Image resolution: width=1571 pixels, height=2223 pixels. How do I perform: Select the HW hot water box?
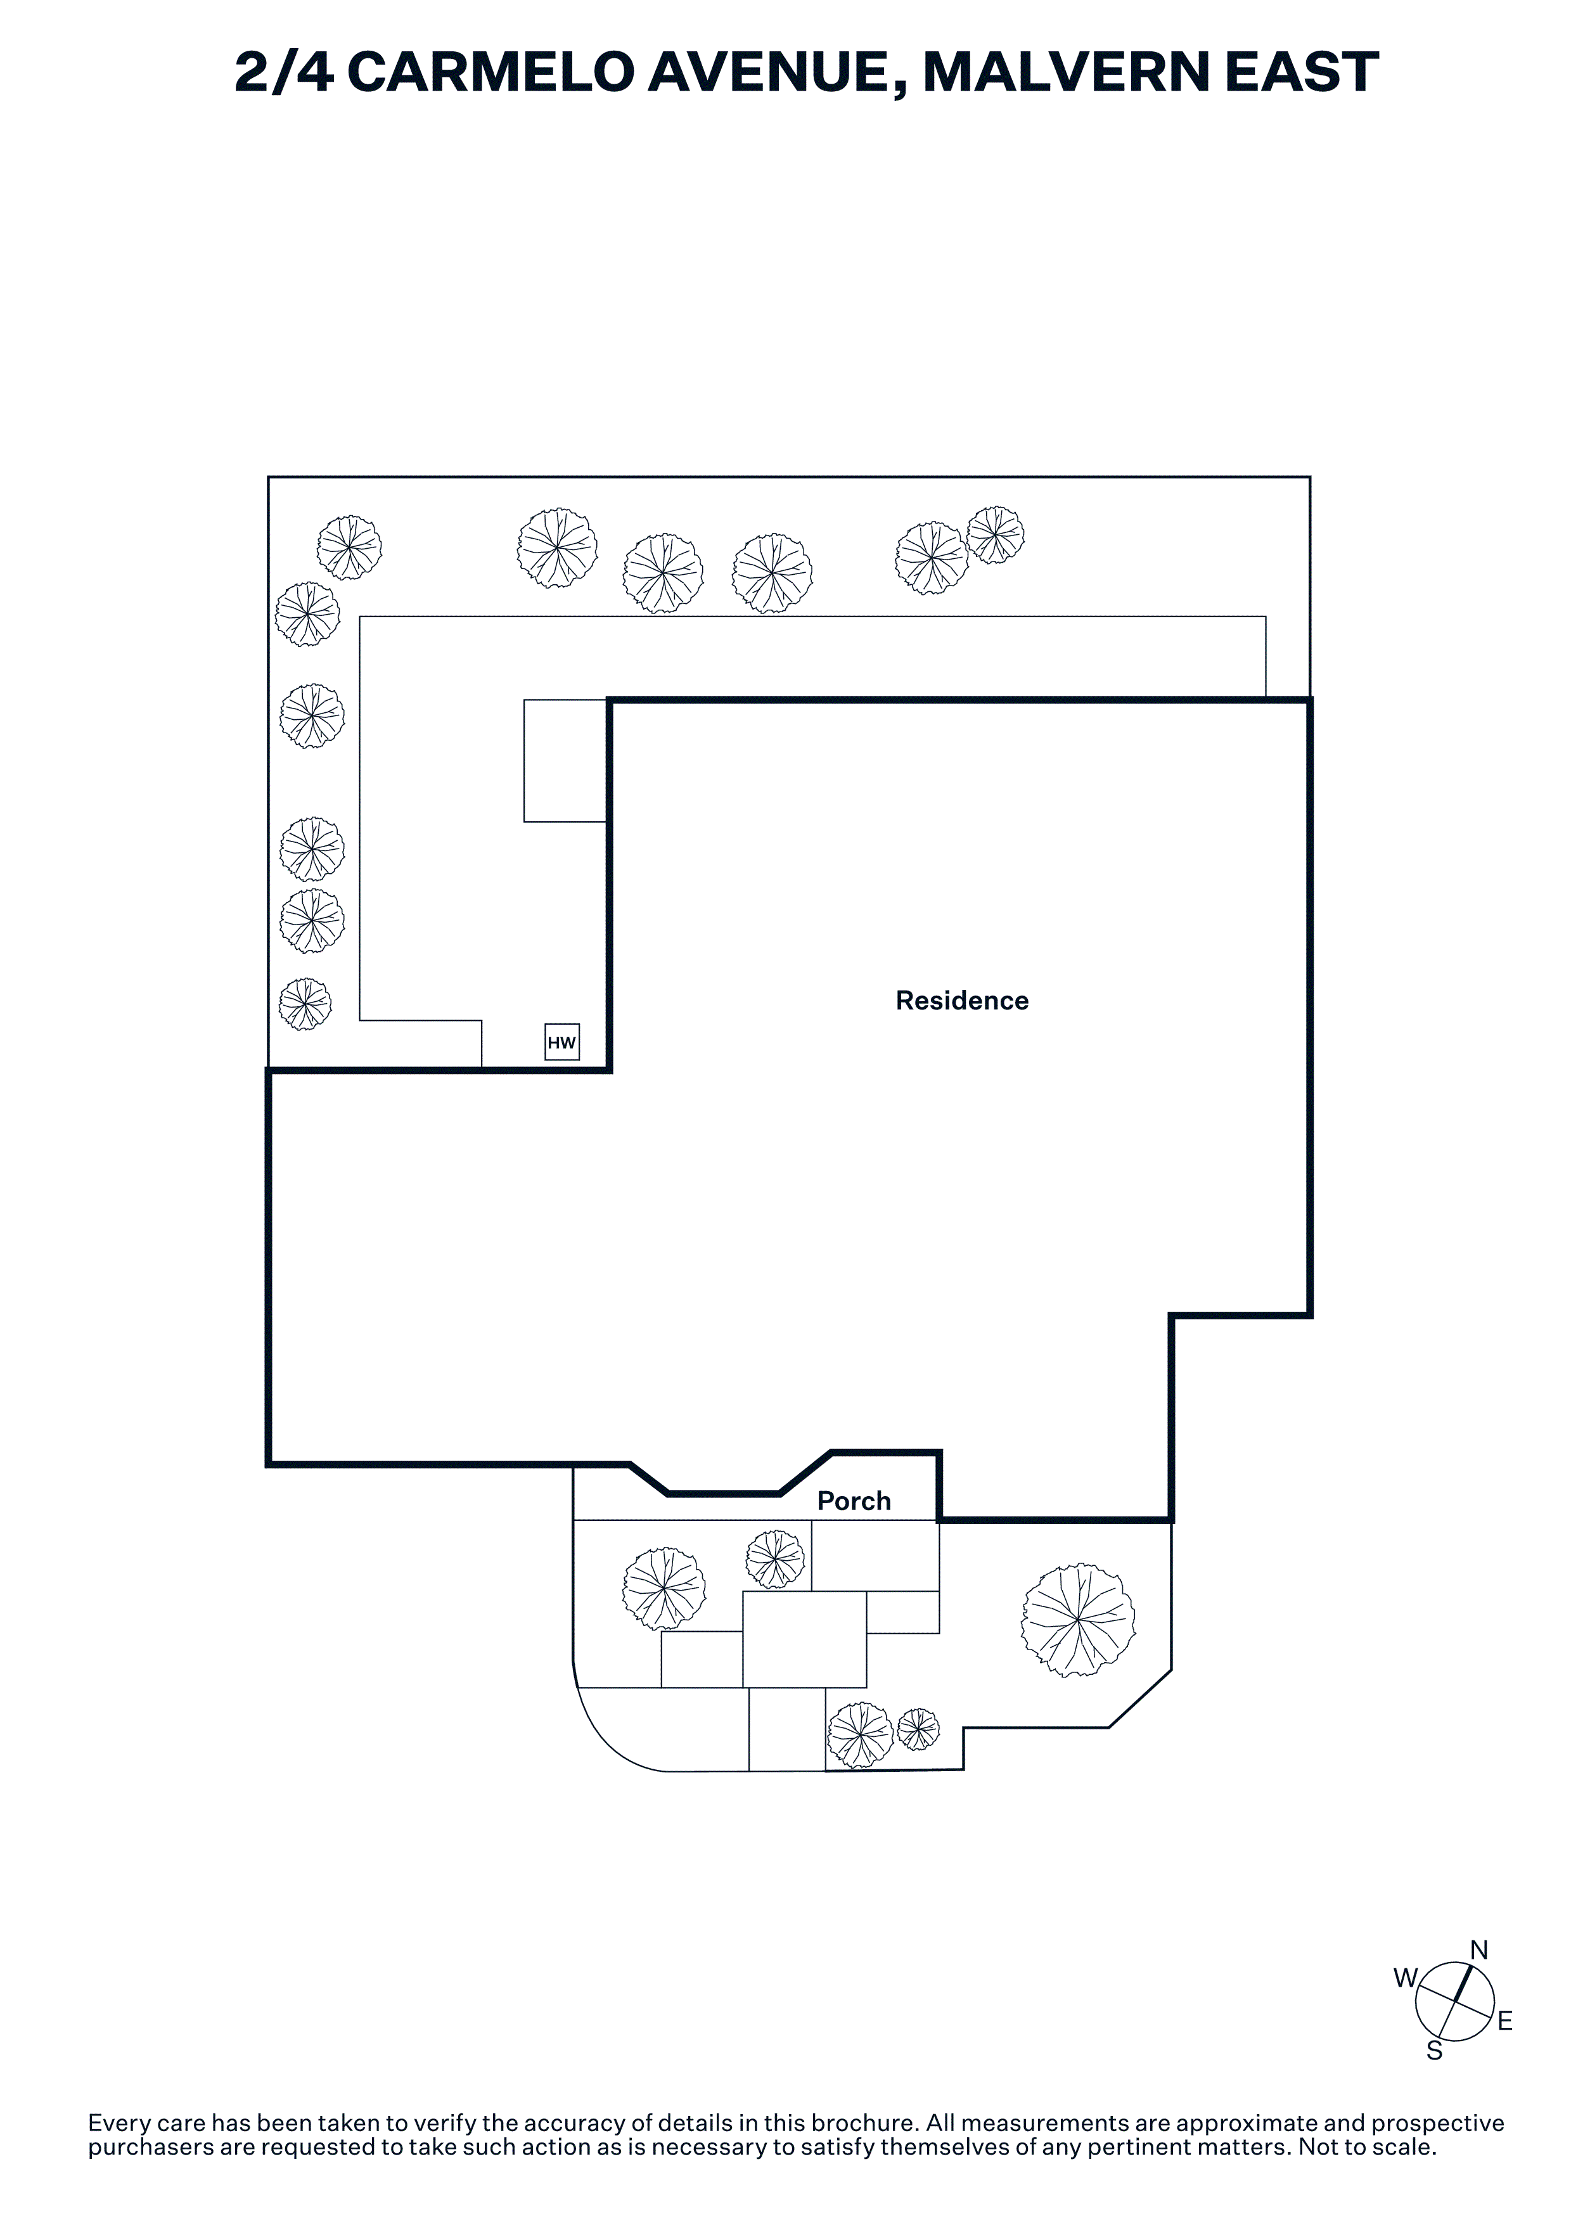coord(561,1042)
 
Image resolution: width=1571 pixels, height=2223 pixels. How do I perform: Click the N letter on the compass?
coord(1479,1950)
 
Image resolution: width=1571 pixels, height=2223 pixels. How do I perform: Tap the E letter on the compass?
coord(1504,2021)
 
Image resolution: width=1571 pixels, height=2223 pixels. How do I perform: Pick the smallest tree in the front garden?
coord(918,1729)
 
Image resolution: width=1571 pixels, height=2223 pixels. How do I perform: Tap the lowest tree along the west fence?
coord(305,1003)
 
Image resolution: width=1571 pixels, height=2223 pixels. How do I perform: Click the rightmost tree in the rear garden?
coord(995,534)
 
